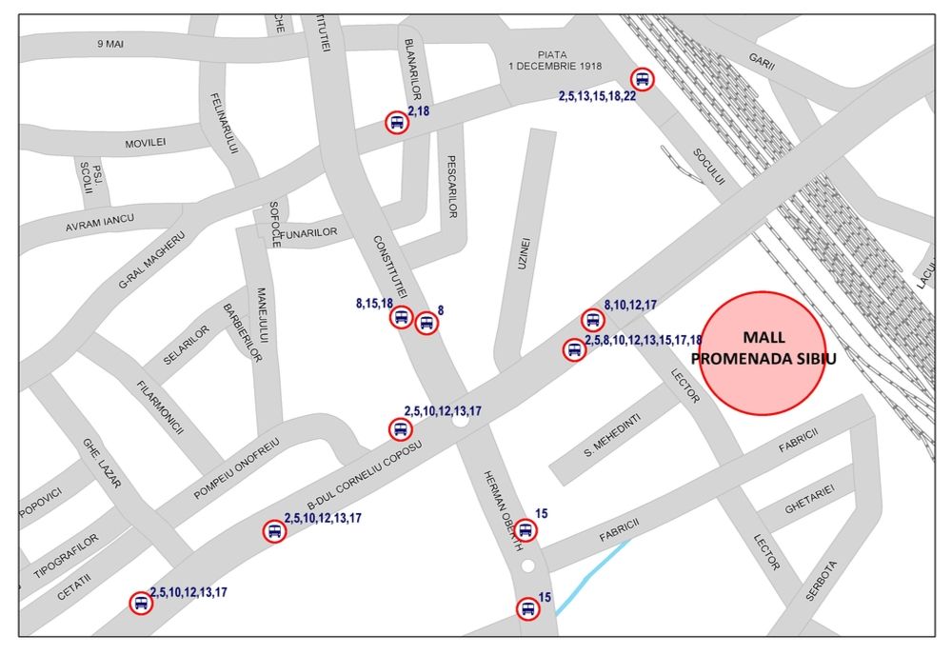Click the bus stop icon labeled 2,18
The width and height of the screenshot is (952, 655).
396,123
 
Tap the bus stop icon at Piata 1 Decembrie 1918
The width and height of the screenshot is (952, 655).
643,80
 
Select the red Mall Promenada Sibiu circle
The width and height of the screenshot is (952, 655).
763,353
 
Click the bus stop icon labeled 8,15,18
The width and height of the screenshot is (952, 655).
401,317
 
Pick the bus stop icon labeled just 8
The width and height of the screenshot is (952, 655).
426,323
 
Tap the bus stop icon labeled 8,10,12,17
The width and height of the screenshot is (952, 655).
592,321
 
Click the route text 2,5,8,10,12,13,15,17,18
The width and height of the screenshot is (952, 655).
644,340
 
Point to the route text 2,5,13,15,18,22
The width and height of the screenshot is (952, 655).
597,96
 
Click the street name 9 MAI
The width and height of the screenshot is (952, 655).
111,44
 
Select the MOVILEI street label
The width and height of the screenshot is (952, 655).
146,143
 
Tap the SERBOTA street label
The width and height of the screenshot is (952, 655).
821,577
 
